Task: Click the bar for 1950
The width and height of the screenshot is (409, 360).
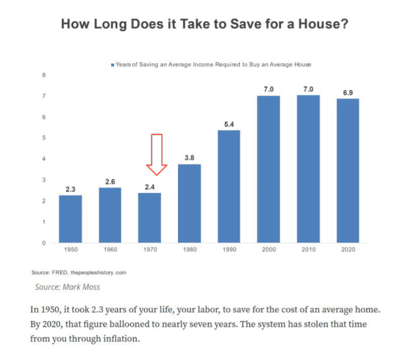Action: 70,219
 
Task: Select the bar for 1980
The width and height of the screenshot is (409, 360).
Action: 190,203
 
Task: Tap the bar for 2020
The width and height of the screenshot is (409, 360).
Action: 348,170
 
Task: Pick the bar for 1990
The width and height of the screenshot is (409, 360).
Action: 229,186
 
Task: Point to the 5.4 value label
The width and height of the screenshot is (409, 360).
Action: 229,123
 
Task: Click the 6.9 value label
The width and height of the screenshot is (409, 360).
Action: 348,92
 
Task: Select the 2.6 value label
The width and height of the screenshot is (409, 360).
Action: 110,181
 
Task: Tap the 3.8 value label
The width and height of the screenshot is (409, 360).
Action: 190,157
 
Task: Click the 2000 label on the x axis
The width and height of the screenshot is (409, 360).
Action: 269,250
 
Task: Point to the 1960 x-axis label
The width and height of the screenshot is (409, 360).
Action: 110,250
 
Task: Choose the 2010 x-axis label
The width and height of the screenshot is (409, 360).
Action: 309,250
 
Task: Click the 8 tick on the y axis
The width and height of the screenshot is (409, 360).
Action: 44,75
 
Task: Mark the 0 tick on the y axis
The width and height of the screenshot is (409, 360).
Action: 44,243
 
